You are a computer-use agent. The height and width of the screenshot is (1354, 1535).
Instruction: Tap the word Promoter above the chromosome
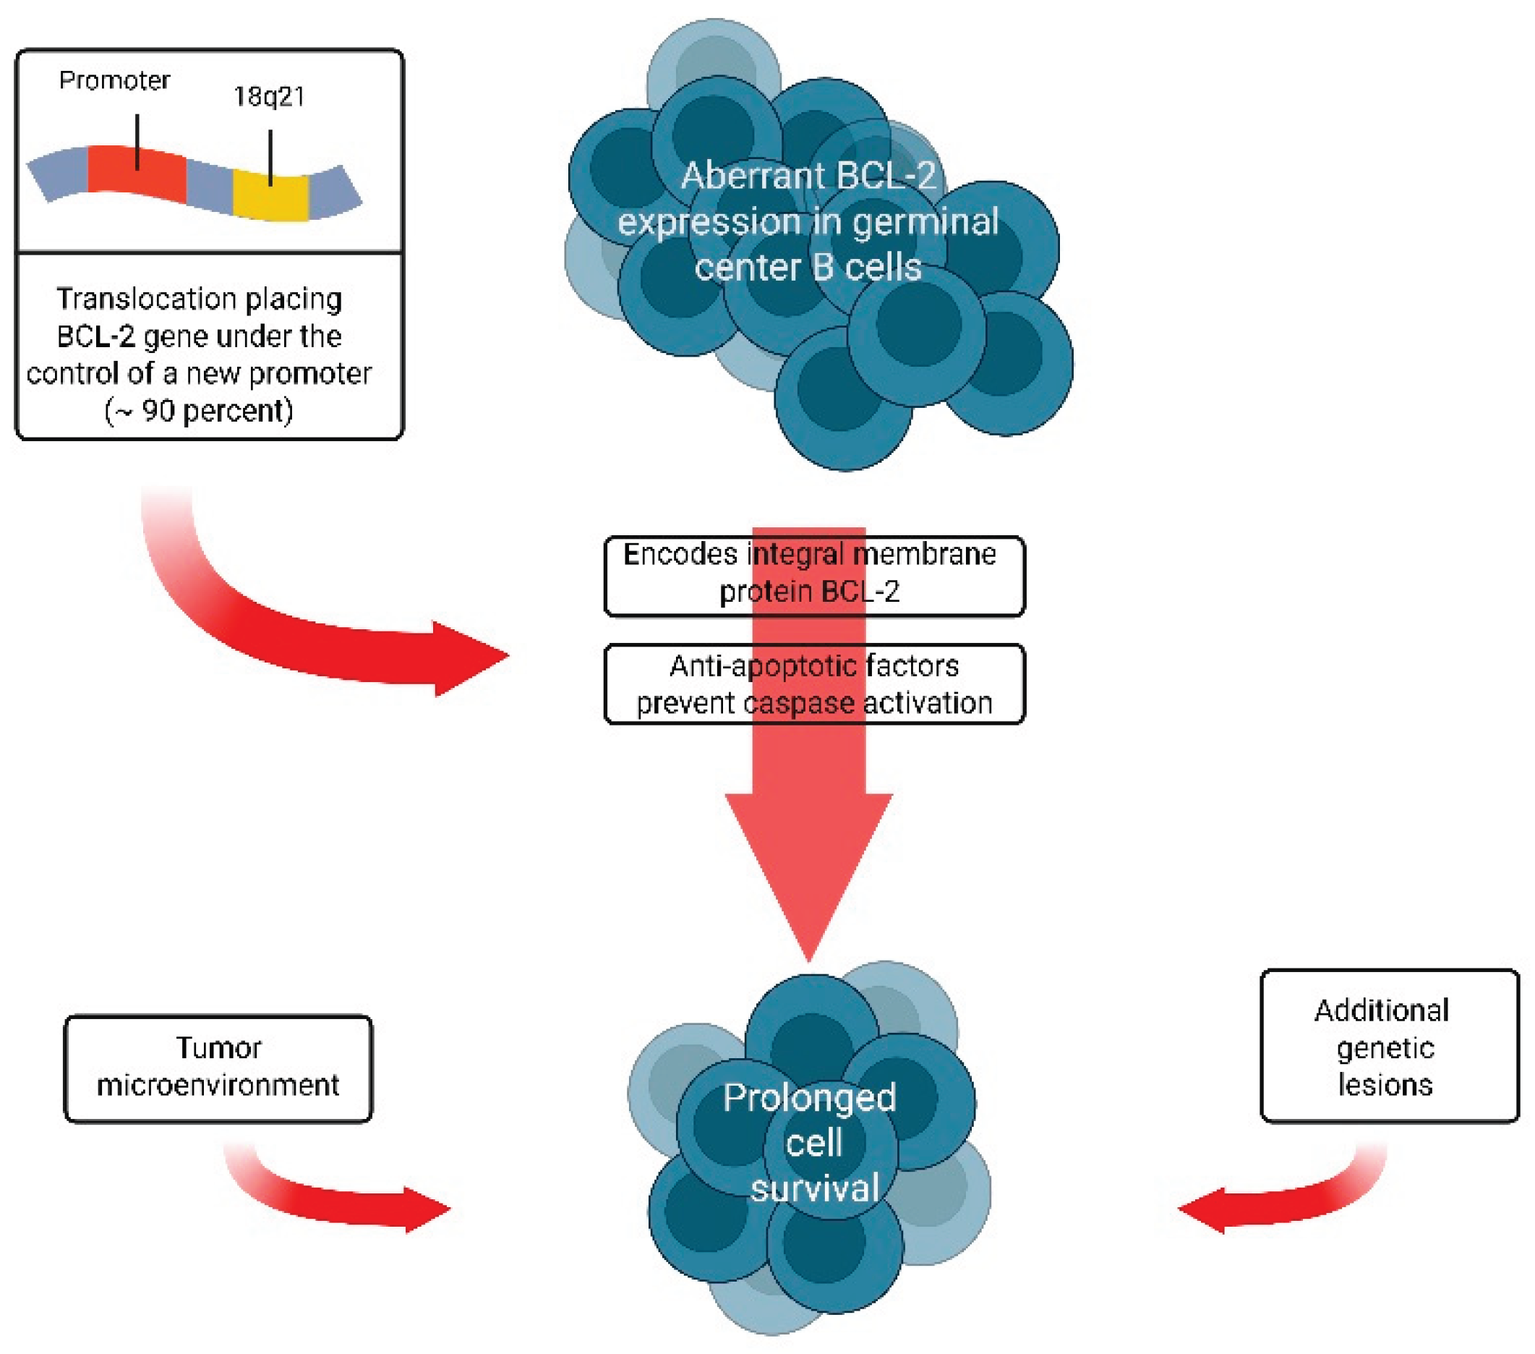(115, 80)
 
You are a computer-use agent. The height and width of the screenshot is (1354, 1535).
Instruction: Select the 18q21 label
(269, 97)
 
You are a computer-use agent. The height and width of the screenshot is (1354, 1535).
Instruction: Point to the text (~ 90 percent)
(199, 411)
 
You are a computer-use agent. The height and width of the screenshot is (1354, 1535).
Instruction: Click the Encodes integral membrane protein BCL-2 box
(813, 575)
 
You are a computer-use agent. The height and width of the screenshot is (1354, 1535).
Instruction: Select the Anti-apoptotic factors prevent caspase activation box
(813, 684)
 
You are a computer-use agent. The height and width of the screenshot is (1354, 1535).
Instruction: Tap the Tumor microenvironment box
(218, 1068)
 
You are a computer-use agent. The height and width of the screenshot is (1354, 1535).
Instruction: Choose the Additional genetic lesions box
(1388, 1046)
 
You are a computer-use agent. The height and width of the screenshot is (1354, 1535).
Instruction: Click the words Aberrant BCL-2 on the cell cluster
(808, 176)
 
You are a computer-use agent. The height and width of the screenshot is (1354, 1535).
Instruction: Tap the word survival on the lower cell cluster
(814, 1188)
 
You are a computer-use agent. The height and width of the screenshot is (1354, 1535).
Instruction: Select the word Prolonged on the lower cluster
(809, 1098)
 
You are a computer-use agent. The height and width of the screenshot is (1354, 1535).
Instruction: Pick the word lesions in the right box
(1385, 1084)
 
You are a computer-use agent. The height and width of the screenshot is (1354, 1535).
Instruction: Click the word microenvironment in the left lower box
(218, 1085)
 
